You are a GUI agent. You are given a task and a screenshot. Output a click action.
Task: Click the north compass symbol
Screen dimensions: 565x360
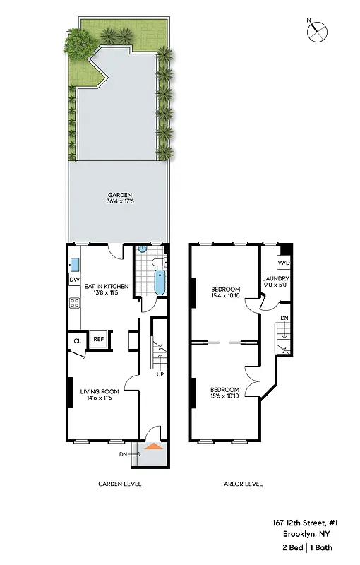[318, 30]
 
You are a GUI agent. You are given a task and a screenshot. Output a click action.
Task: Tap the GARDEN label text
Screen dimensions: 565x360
[120, 195]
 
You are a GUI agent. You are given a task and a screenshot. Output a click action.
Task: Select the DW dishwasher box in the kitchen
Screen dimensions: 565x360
[74, 280]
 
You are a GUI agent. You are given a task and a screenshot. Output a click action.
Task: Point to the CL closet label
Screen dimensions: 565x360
[77, 342]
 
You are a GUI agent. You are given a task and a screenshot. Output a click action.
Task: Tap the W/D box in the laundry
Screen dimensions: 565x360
[282, 263]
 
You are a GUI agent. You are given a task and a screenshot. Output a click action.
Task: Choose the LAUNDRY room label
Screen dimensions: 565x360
[274, 278]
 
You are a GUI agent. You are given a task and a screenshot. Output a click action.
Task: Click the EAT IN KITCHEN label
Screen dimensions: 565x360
[107, 286]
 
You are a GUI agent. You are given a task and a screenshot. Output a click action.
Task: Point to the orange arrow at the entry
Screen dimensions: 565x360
[154, 446]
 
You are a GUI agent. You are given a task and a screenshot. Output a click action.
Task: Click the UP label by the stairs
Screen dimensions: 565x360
[160, 374]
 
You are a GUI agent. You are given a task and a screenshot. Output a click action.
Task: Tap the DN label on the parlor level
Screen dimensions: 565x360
[284, 319]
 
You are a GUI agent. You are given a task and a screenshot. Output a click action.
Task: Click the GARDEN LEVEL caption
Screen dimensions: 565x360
[120, 484]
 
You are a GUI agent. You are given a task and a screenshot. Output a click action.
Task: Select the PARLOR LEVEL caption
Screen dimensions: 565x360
[241, 484]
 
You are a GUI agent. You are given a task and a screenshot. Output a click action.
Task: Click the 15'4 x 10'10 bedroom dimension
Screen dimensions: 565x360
[226, 297]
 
